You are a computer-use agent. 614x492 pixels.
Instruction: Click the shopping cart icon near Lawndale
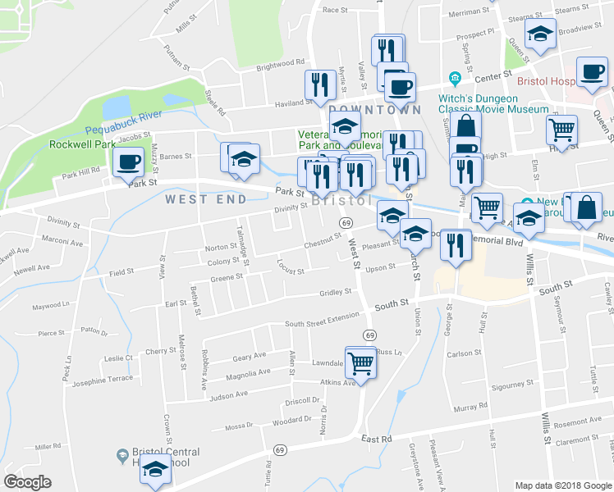pos(360,362)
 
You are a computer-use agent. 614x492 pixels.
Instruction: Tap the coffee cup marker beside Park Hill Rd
pos(127,163)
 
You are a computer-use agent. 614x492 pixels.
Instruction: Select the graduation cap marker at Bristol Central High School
pos(153,470)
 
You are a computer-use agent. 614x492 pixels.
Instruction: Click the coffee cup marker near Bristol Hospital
pos(591,72)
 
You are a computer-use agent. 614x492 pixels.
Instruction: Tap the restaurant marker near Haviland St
pos(317,84)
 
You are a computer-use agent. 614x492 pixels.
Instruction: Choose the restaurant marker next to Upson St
pos(456,245)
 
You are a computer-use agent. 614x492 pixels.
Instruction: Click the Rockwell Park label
pos(82,144)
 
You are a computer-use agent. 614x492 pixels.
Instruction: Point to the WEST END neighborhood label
pos(206,199)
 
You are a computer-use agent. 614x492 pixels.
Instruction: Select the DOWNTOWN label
pos(375,109)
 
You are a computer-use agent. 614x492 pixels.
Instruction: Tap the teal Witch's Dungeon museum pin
pos(453,78)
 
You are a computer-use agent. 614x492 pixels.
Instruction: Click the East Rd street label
pos(375,440)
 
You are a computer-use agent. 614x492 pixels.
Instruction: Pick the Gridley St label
pos(335,292)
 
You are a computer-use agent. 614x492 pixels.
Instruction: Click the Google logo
pos(27,482)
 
